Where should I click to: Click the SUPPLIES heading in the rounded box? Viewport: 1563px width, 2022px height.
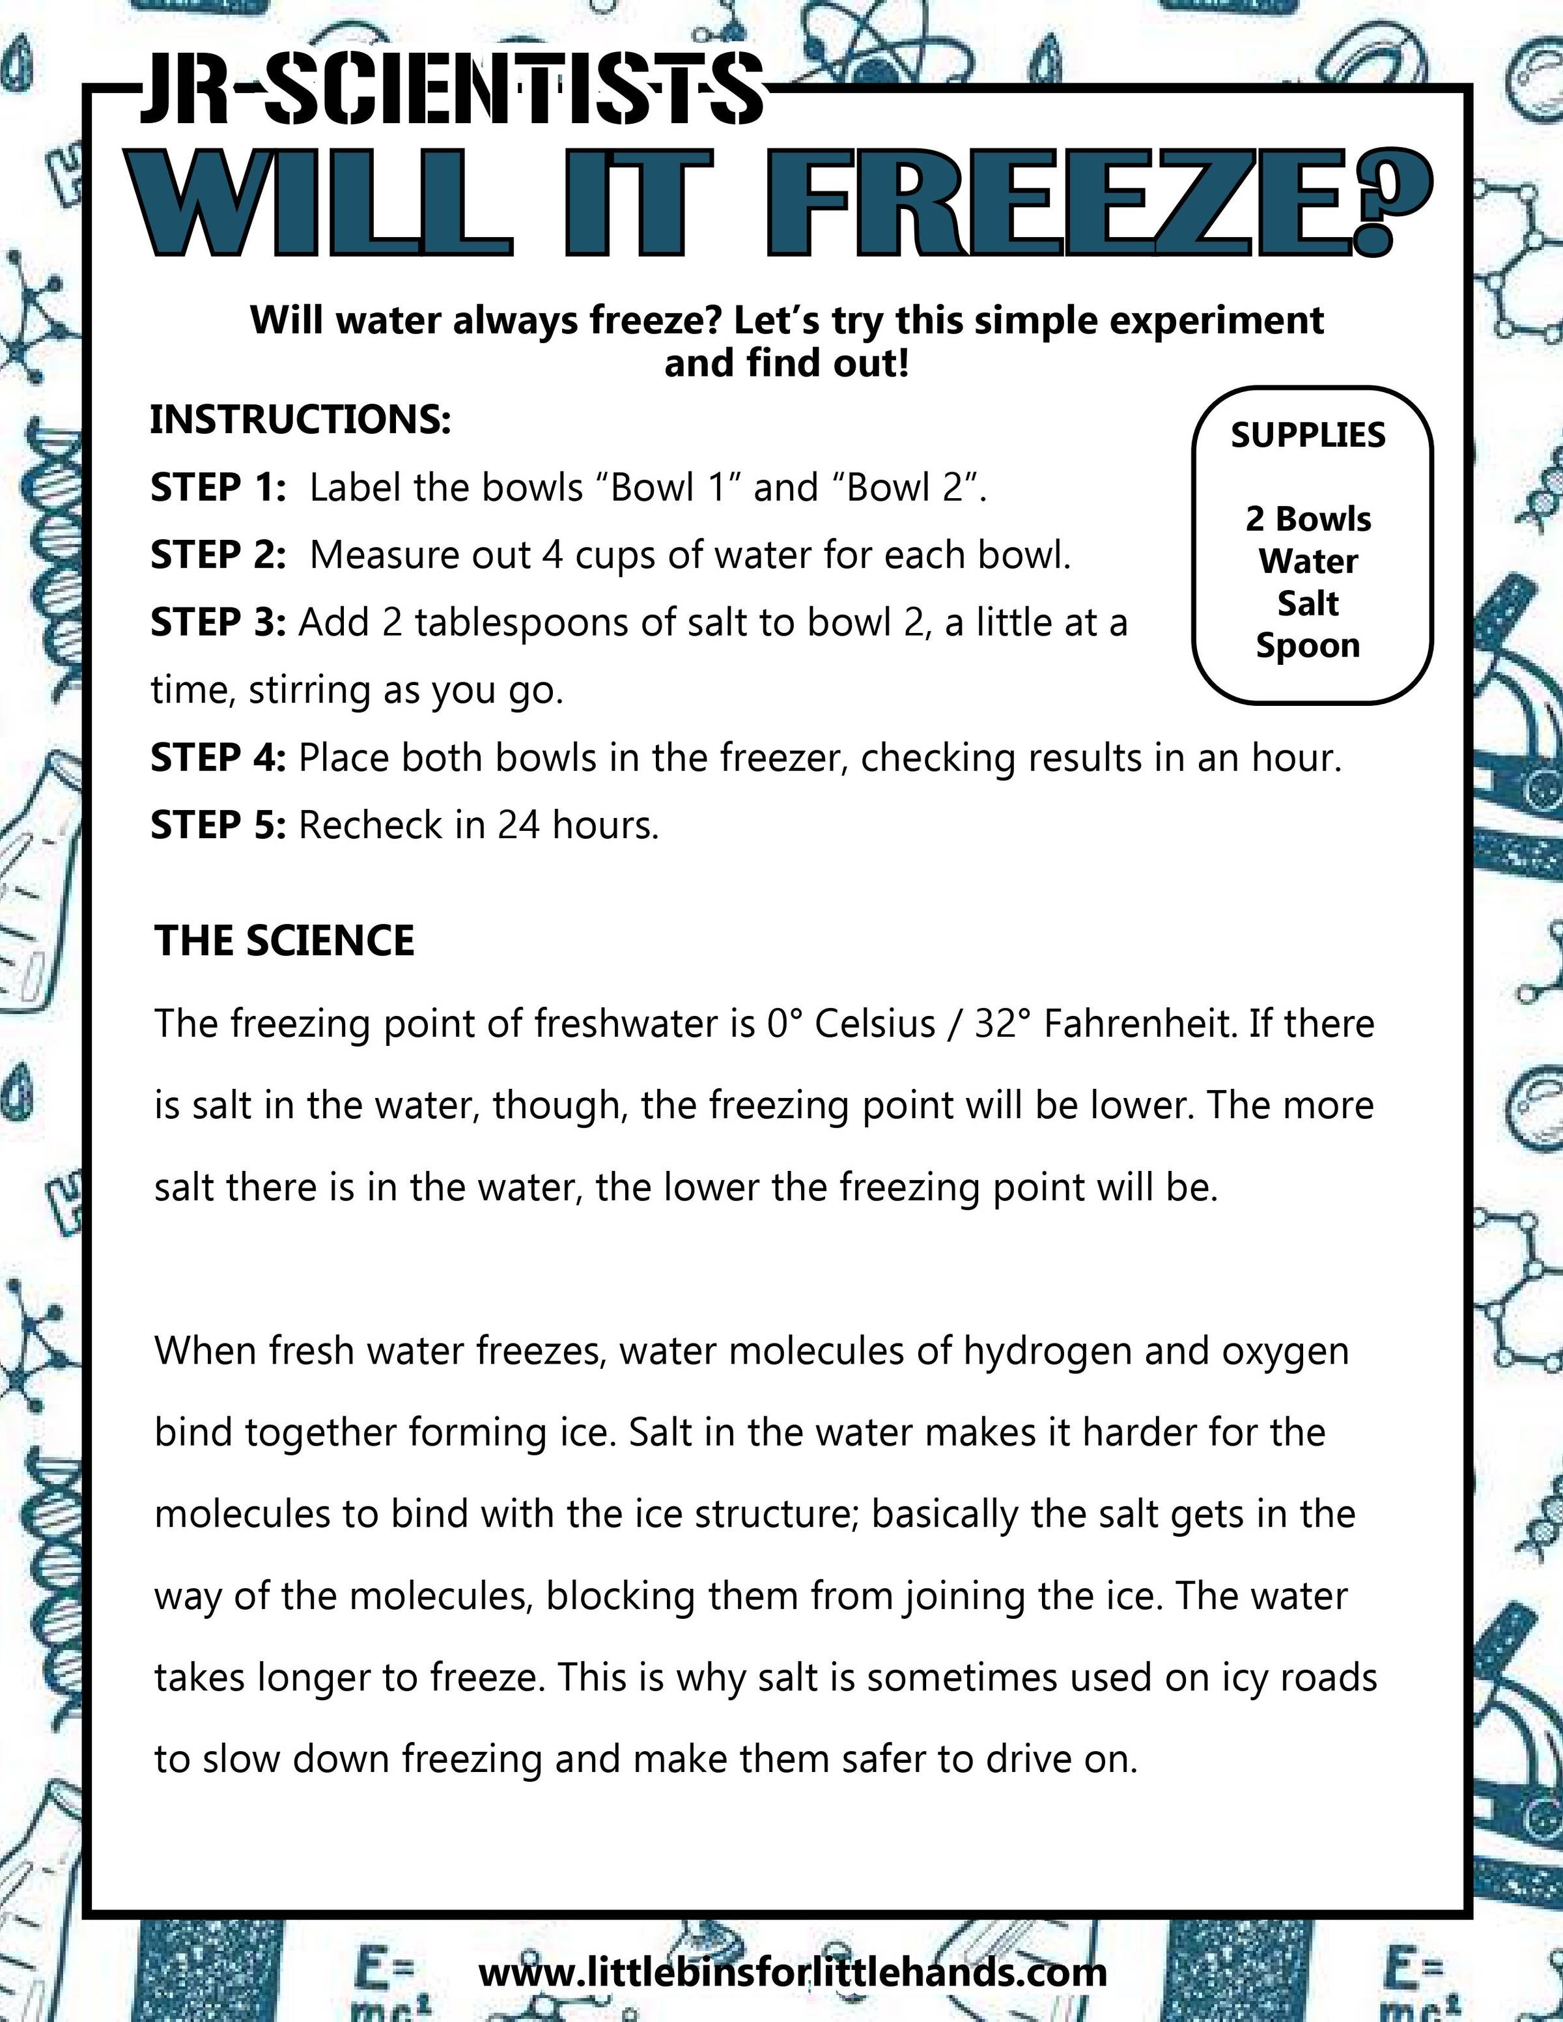coord(1308,435)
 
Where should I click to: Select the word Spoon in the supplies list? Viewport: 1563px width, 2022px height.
coord(1308,645)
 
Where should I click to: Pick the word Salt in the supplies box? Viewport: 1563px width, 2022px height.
coord(1308,603)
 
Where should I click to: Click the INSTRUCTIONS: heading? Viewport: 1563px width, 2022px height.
coord(300,419)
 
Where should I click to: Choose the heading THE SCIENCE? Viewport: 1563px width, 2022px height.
coord(284,940)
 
